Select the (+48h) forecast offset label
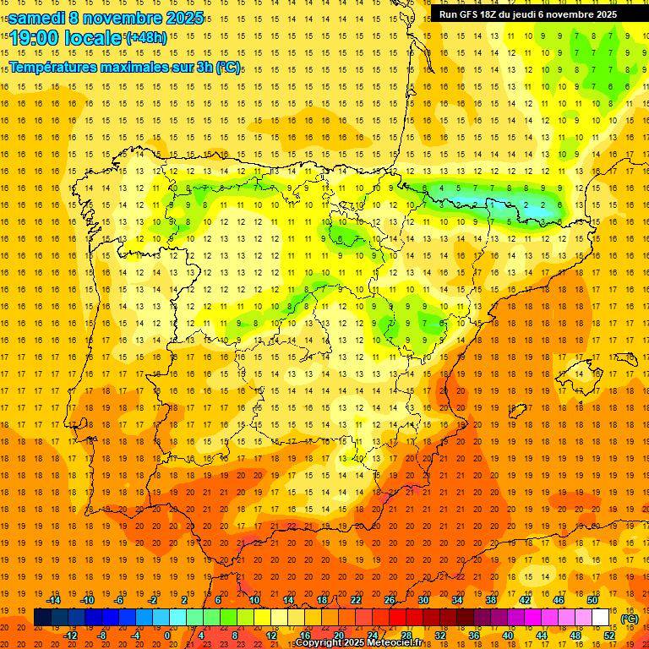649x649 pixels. click(x=145, y=37)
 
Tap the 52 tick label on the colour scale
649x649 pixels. click(x=609, y=635)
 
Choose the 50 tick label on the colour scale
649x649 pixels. click(x=592, y=600)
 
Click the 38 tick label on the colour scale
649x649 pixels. click(x=491, y=600)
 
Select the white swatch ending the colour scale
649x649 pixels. click(x=601, y=618)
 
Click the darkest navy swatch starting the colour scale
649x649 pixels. click(x=42, y=618)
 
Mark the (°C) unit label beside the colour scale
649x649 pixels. click(x=630, y=618)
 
